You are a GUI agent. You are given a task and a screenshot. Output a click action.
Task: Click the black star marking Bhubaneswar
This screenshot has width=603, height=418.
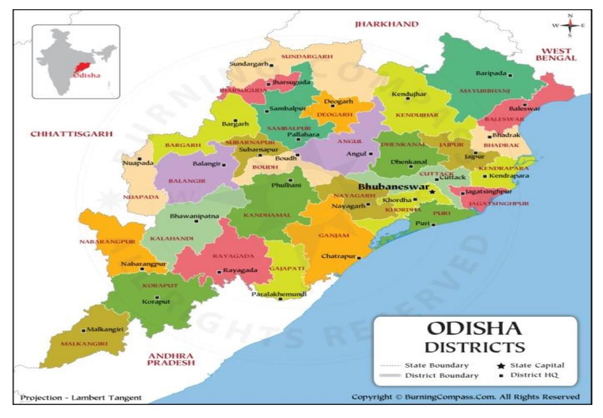(x=432, y=192)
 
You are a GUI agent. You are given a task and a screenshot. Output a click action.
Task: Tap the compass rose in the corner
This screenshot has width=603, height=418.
(x=570, y=25)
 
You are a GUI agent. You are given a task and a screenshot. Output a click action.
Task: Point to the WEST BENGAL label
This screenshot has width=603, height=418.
(x=559, y=54)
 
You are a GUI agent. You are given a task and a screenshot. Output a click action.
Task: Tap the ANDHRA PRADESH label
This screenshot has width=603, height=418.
(x=172, y=358)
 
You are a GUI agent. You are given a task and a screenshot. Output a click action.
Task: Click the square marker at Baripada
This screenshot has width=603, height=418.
(x=510, y=74)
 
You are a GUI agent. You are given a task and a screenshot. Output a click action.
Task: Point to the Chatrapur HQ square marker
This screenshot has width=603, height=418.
(x=359, y=257)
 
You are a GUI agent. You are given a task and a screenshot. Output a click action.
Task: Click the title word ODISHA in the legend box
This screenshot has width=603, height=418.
(x=474, y=329)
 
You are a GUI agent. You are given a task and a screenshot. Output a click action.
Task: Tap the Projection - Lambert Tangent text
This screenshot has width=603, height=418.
(x=81, y=398)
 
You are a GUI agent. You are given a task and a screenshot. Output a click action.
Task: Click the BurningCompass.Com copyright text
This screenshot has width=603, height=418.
(x=465, y=397)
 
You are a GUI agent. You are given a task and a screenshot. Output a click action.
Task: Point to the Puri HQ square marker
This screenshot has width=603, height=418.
(x=433, y=225)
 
